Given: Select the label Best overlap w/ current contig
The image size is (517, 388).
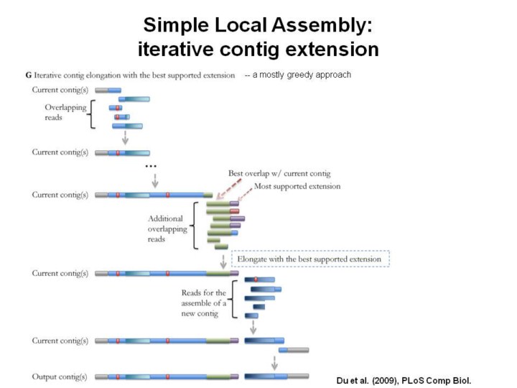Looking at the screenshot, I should [279, 173].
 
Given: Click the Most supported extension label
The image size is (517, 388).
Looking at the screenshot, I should [297, 185].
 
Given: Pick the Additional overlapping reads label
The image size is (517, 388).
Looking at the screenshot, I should [167, 228].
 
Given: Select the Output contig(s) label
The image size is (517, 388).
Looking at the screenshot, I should [60, 377].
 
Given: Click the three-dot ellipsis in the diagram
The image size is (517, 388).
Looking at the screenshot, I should [151, 167].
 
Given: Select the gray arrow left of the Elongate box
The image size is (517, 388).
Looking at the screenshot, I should [223, 260].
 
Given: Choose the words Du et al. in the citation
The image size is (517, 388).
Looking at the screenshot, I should [353, 379].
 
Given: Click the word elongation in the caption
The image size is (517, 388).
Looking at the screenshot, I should [97, 75].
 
